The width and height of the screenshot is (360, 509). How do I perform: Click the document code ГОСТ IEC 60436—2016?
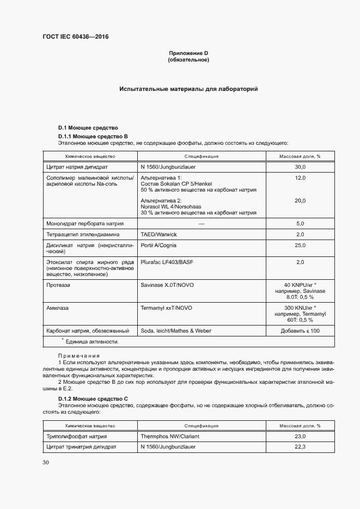coord(75,37)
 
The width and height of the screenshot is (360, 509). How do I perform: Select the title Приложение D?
coord(188,53)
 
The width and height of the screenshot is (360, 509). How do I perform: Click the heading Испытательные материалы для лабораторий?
coord(188,88)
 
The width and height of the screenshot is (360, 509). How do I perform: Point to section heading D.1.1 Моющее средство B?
coord(93,136)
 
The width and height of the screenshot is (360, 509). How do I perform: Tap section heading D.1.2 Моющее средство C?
coord(93,398)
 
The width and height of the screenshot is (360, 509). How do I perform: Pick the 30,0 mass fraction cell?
coord(300,167)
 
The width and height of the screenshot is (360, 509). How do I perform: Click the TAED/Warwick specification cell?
coord(158,234)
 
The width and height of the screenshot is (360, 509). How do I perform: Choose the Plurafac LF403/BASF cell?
coord(167,262)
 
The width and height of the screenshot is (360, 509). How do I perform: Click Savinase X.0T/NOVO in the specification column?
coord(166,285)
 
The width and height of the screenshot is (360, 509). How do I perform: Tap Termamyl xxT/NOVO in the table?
coord(166,308)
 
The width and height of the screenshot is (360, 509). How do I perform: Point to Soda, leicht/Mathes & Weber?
coord(175,330)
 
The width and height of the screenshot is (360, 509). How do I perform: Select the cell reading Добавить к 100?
coord(300,330)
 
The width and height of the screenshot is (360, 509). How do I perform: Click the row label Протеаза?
coord(59,285)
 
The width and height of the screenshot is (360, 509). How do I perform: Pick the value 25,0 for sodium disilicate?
coord(300,246)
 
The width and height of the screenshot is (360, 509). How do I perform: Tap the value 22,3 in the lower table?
coord(300,447)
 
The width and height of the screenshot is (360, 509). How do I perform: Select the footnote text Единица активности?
coord(91,342)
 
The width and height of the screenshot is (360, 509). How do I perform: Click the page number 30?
coord(45,463)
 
